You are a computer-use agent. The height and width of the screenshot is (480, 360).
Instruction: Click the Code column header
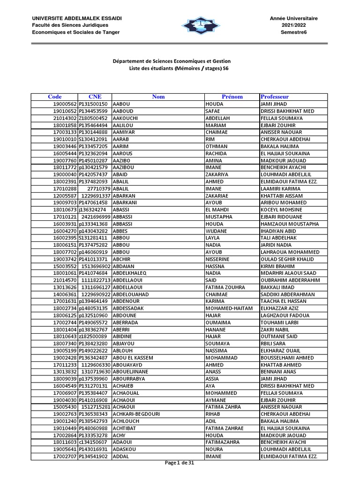pos(55,97)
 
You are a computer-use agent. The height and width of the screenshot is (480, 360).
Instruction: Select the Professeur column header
pos(275,97)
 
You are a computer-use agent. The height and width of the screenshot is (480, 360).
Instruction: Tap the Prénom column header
pos(232,97)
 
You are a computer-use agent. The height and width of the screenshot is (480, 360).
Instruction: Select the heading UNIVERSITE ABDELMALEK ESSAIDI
pos(77,18)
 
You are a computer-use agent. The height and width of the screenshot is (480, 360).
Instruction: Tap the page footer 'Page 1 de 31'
pos(180,463)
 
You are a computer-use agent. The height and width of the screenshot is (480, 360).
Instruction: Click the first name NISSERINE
pos(218,259)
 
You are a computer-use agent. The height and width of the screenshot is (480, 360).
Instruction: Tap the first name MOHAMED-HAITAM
pos(229,308)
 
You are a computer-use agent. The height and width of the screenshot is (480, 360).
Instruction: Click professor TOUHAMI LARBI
pos(280,323)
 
